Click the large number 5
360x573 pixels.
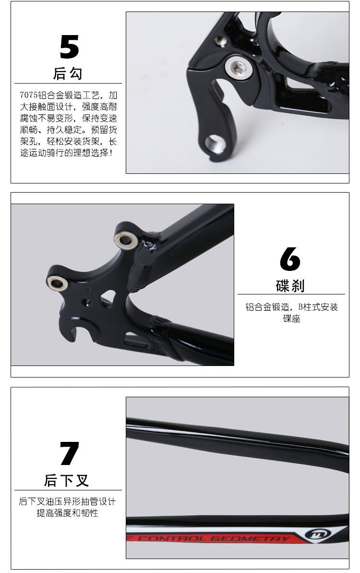(70, 47)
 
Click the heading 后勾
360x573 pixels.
(68, 73)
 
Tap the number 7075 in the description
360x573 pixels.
(29, 95)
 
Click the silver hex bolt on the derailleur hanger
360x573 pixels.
(238, 66)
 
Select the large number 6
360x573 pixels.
(290, 258)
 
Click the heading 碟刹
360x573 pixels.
(290, 285)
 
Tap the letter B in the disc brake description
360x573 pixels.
(300, 307)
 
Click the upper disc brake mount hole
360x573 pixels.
(126, 240)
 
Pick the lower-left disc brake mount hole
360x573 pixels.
(57, 282)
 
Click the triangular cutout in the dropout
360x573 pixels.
(108, 296)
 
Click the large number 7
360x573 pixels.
(70, 453)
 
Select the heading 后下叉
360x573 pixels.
(66, 480)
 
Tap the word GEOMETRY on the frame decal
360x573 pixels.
(250, 538)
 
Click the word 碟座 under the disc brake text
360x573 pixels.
(292, 318)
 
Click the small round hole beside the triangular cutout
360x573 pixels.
(86, 302)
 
